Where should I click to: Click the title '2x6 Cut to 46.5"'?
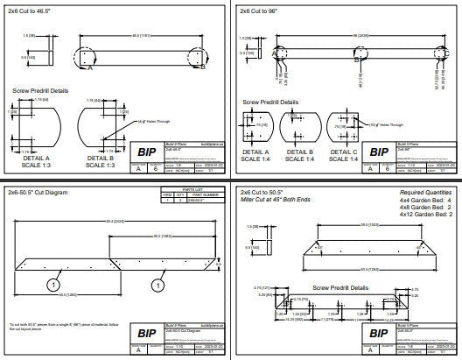[32, 11]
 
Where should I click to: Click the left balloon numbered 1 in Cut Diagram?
[54, 285]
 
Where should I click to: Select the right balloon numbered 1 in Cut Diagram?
[157, 285]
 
